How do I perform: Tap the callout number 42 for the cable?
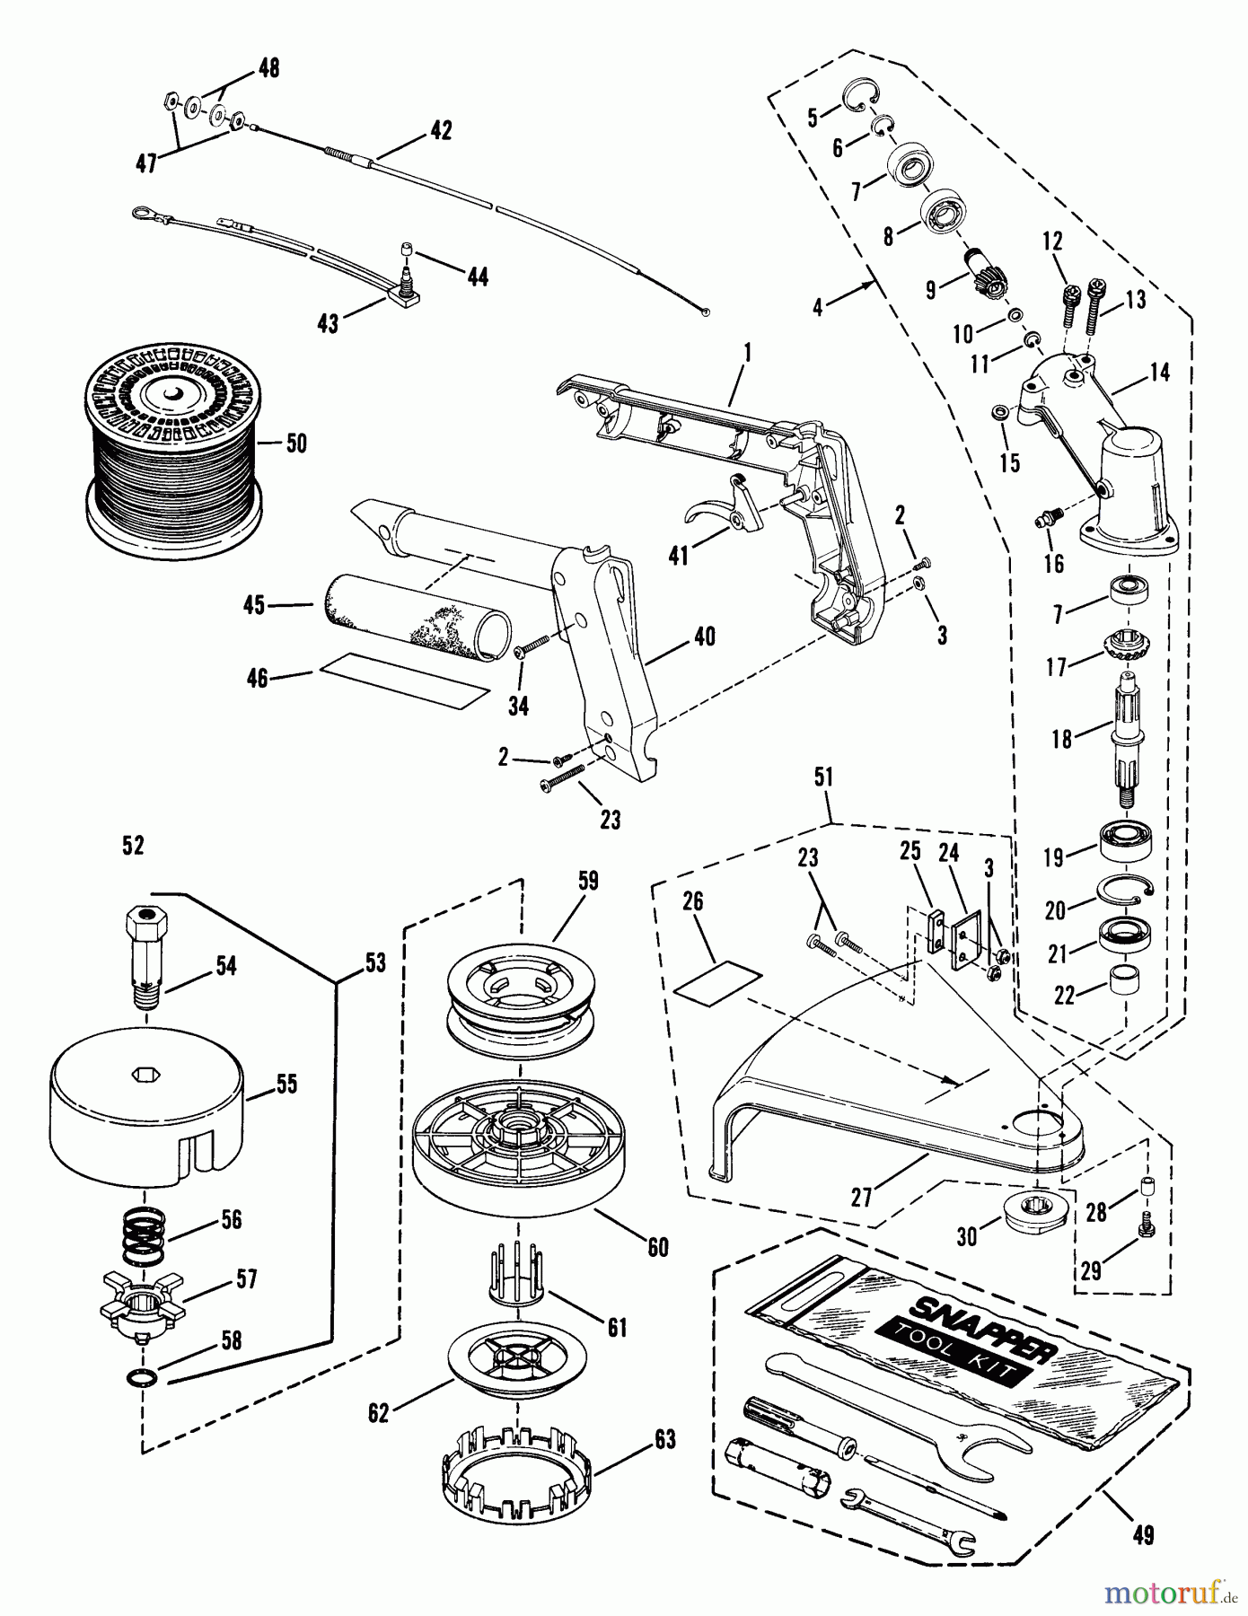[x=440, y=129]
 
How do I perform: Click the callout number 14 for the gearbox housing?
[x=1159, y=372]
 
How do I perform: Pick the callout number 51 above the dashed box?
[x=824, y=779]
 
